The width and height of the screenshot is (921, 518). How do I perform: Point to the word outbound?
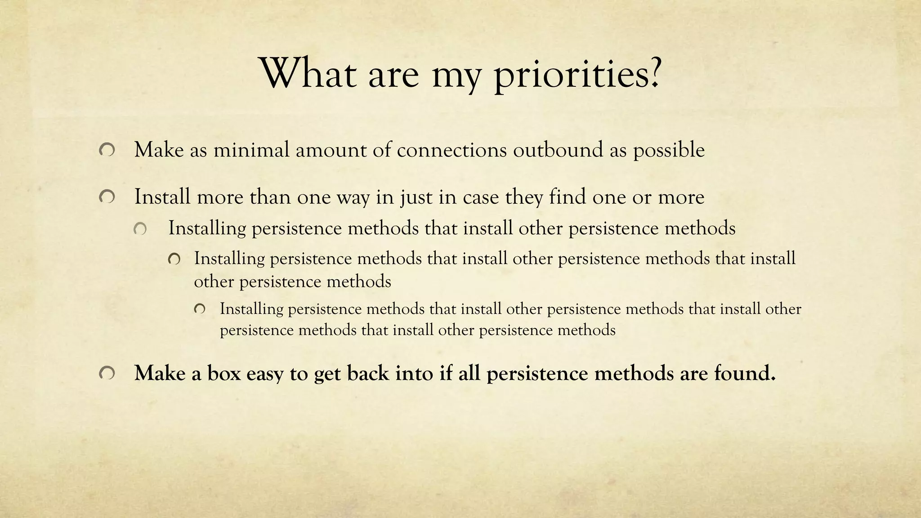click(x=558, y=150)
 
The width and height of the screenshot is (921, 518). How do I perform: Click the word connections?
click(x=452, y=150)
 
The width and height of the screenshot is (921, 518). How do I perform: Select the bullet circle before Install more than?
click(x=107, y=197)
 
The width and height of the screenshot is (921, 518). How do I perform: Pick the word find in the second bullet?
click(x=567, y=197)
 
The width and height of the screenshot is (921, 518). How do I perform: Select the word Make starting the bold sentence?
click(x=160, y=373)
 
